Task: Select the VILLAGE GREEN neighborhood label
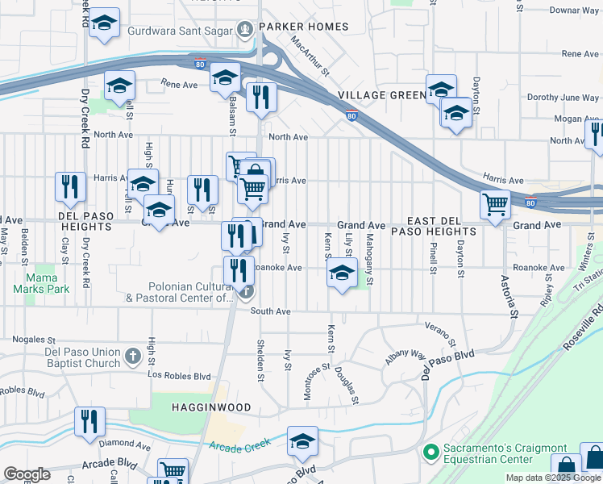pyautogui.click(x=381, y=95)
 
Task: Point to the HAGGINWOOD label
pyautogui.click(x=211, y=407)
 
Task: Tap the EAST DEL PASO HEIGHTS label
pyautogui.click(x=441, y=226)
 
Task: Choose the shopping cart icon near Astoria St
pyautogui.click(x=495, y=204)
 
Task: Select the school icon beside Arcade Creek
pyautogui.click(x=302, y=441)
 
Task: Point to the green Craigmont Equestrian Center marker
pyautogui.click(x=430, y=449)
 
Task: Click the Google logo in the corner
pyautogui.click(x=27, y=474)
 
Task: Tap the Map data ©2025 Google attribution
pyautogui.click(x=553, y=478)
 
